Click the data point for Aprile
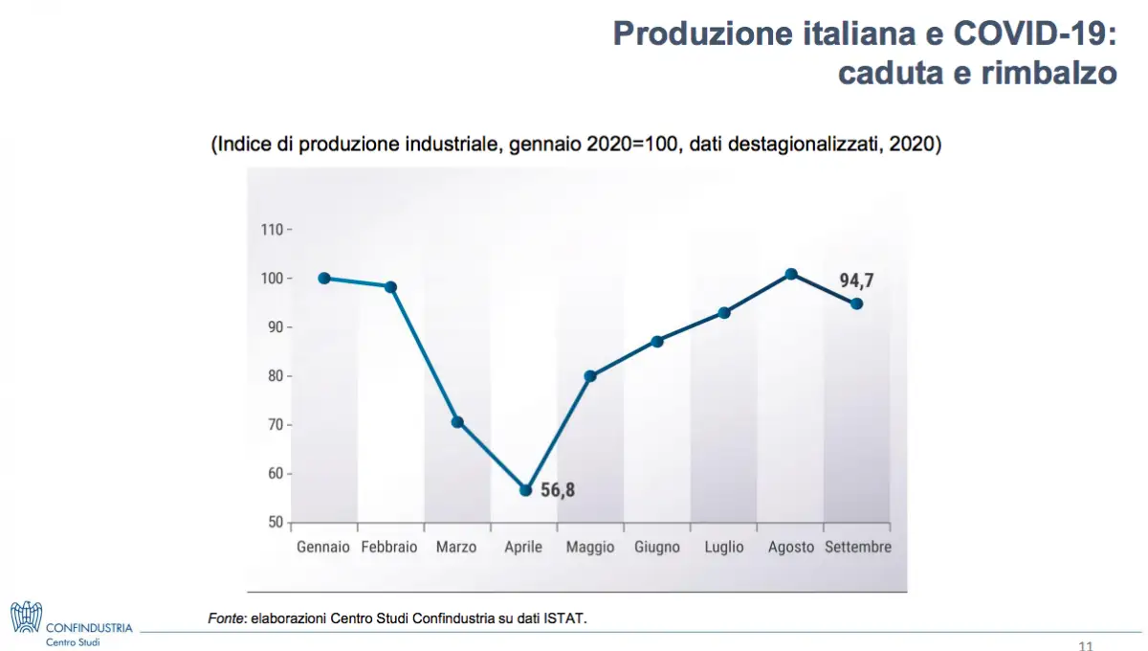coord(525,490)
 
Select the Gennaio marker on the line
coord(324,279)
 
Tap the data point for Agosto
coord(791,275)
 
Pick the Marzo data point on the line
coord(457,422)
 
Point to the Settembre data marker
coord(857,303)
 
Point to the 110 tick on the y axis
coord(272,230)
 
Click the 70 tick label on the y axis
coord(275,425)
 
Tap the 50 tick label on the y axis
coord(275,523)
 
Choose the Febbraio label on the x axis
coord(389,548)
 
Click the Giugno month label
coord(657,548)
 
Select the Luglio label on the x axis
coord(724,548)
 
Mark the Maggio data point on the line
coord(590,376)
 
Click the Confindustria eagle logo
coord(26,617)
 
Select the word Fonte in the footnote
coord(227,618)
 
